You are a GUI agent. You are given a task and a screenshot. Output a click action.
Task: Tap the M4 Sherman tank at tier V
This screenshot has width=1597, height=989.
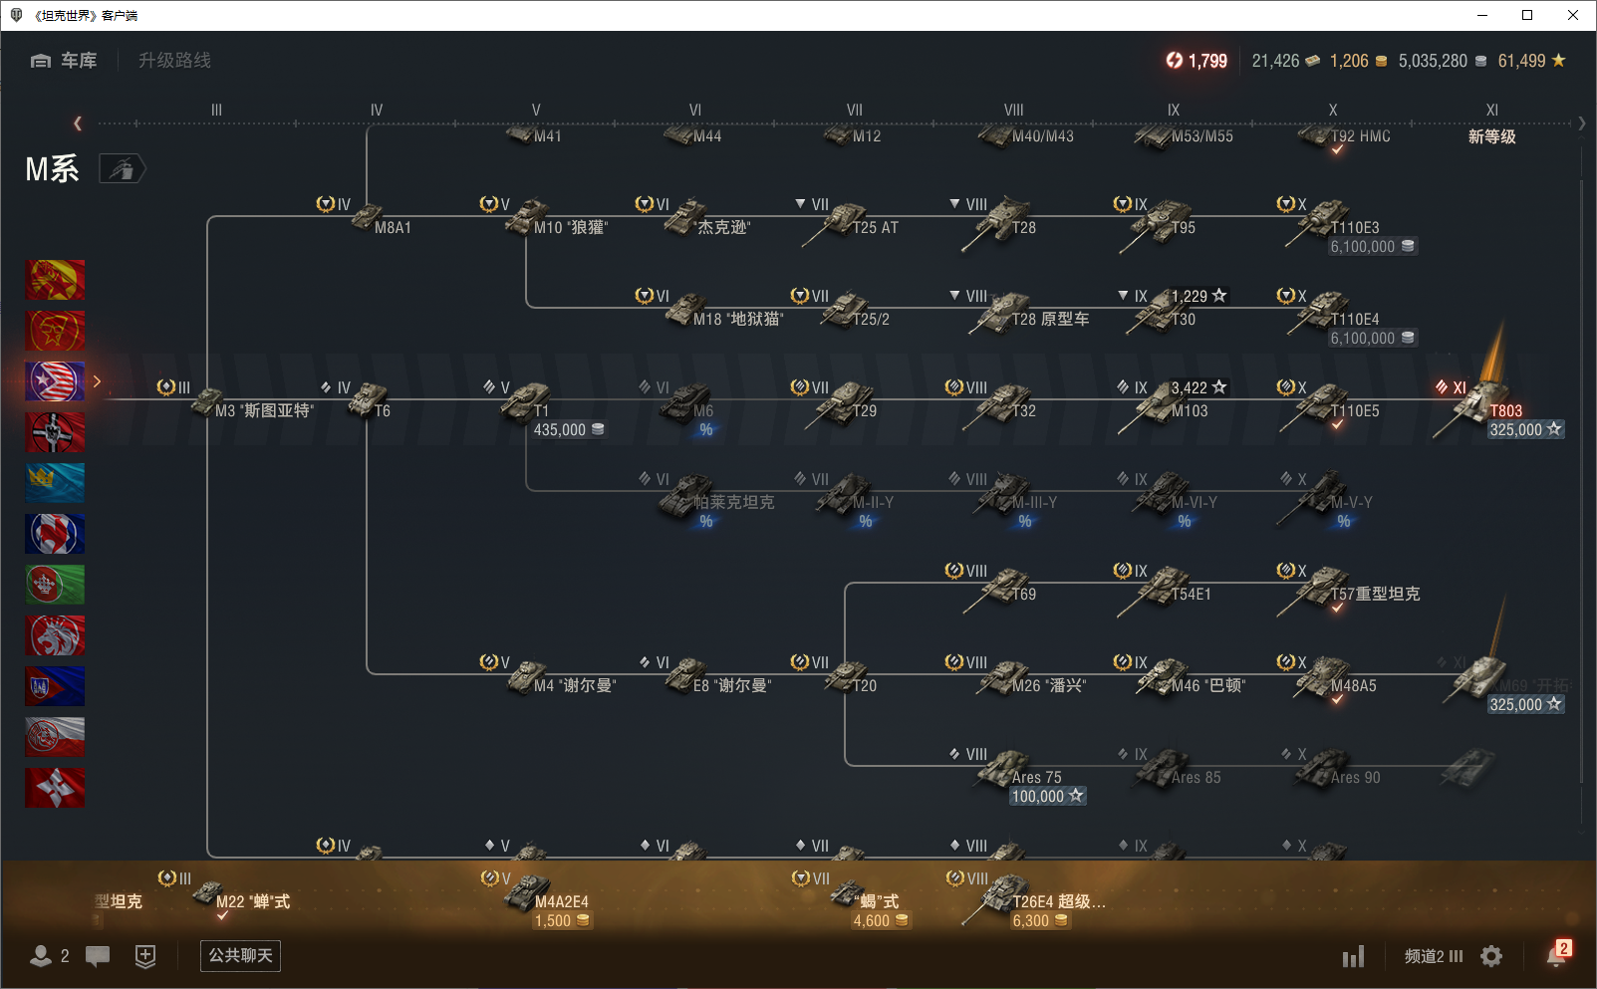click(x=528, y=677)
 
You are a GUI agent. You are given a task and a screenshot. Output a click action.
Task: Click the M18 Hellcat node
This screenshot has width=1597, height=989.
click(x=687, y=311)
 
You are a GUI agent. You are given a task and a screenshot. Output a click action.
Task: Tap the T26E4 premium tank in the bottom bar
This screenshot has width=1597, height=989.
click(x=1006, y=893)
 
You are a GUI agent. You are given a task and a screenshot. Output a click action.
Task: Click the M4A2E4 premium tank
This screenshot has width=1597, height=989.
click(x=528, y=893)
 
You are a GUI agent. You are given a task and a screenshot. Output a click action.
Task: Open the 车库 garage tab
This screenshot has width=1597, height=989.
click(x=65, y=61)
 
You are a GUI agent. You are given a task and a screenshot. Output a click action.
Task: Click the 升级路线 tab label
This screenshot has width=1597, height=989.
click(x=174, y=61)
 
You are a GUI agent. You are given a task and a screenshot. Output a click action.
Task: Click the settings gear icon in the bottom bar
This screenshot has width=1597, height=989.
click(x=1491, y=956)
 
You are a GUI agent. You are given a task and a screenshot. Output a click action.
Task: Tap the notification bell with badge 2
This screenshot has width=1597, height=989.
click(x=1556, y=955)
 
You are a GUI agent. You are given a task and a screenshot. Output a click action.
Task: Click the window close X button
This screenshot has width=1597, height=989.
click(x=1573, y=15)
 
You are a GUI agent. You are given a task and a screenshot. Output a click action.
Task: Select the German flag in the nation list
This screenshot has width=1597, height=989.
click(x=55, y=432)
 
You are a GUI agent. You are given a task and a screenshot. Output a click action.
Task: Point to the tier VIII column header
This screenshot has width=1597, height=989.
click(x=1013, y=111)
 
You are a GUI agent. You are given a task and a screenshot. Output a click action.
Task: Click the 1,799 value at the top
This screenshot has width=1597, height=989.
click(x=1206, y=61)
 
